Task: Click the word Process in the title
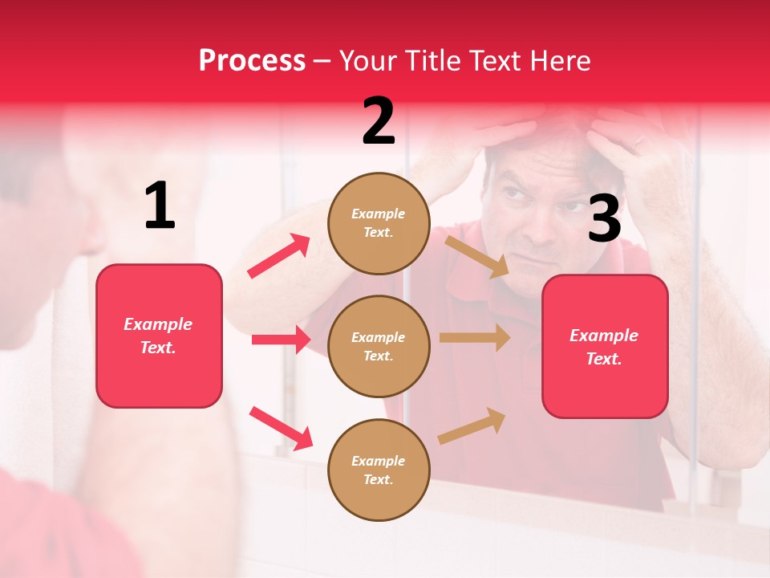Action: point(252,60)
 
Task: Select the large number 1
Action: point(160,206)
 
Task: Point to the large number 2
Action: point(379,121)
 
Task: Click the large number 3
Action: point(604,219)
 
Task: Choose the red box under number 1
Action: point(159,336)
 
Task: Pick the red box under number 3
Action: point(605,346)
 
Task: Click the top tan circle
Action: point(379,223)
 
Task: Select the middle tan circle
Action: point(379,346)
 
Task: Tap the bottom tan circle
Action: point(379,470)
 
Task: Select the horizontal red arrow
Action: point(281,340)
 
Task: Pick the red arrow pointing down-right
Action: point(281,428)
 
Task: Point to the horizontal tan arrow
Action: point(475,337)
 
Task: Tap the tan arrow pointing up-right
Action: point(472,425)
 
